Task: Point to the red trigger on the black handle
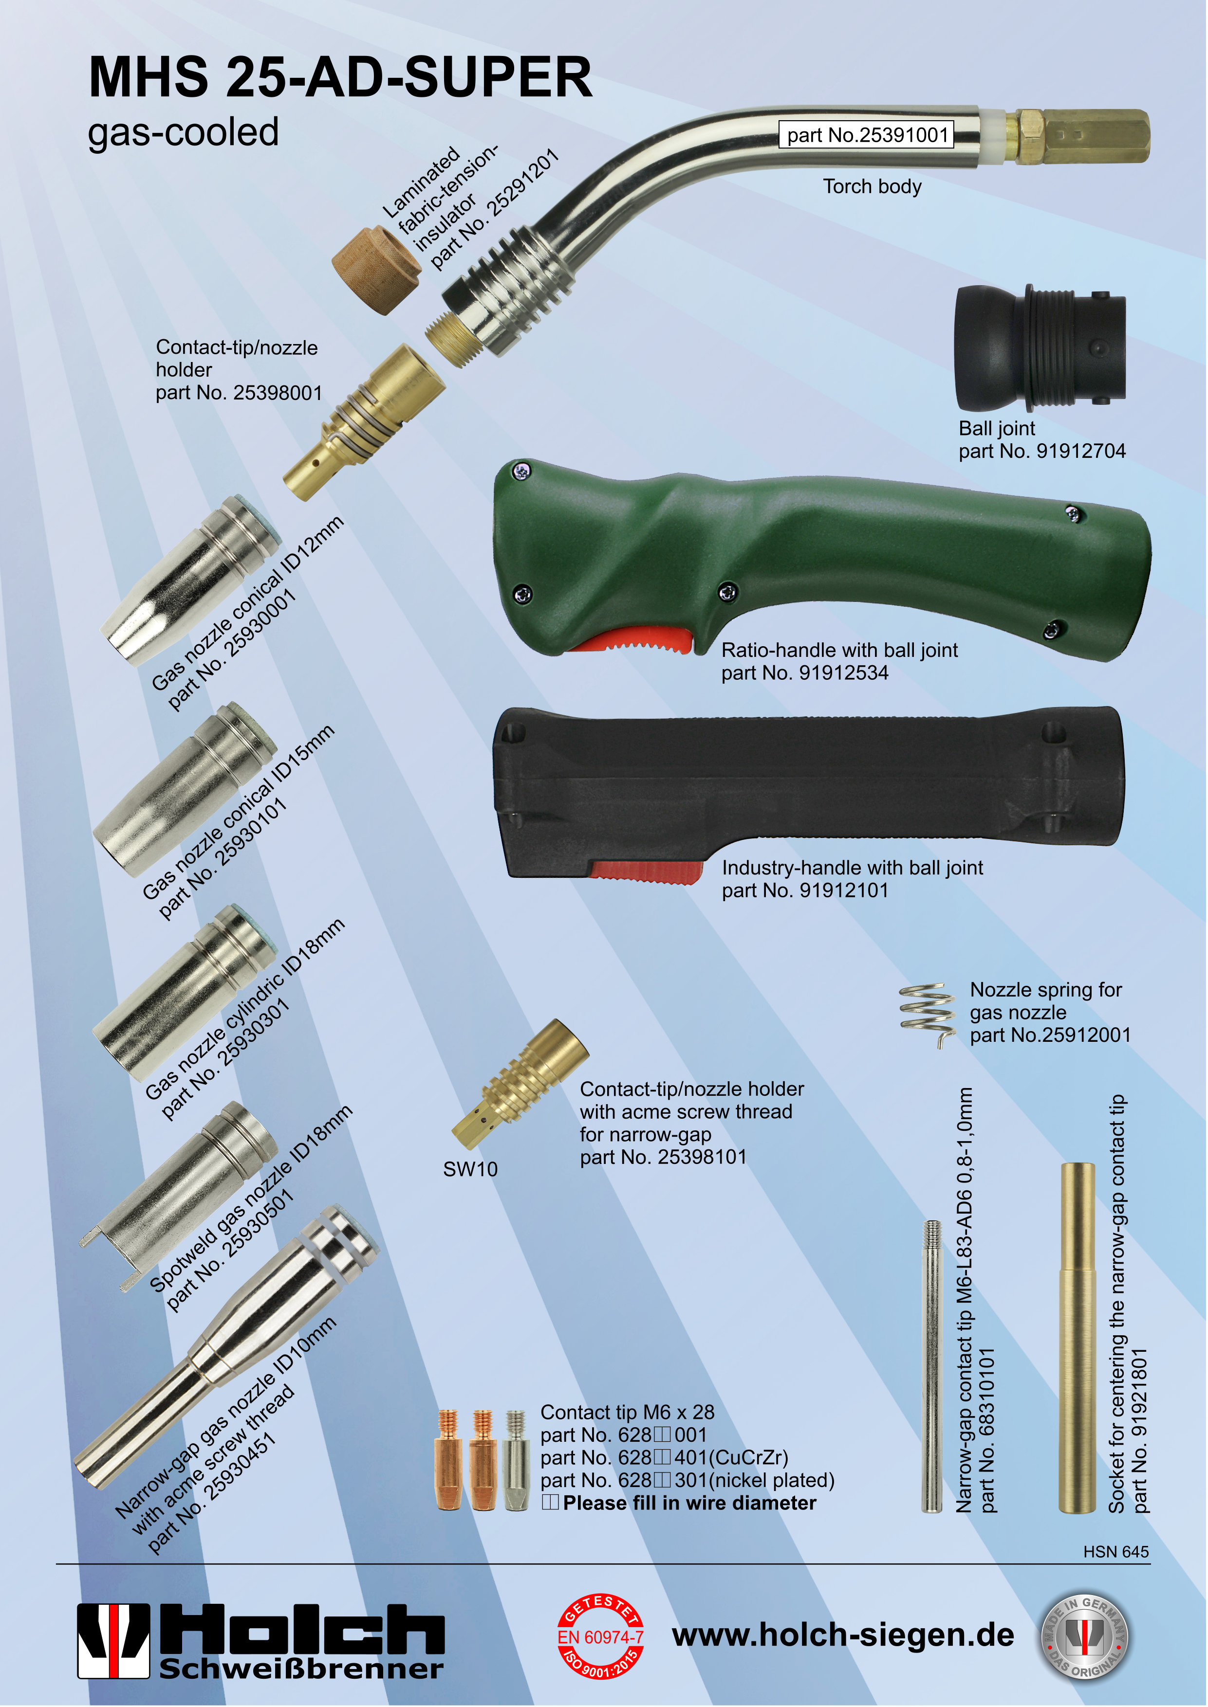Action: (x=646, y=872)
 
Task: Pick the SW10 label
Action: (x=470, y=1169)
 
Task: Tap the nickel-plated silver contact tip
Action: (x=516, y=1460)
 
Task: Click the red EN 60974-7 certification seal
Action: (x=600, y=1636)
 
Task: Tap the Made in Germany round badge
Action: (x=1083, y=1636)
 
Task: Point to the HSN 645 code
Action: (x=1116, y=1552)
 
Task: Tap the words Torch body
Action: (x=872, y=186)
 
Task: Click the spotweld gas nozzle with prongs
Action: (x=179, y=1197)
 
